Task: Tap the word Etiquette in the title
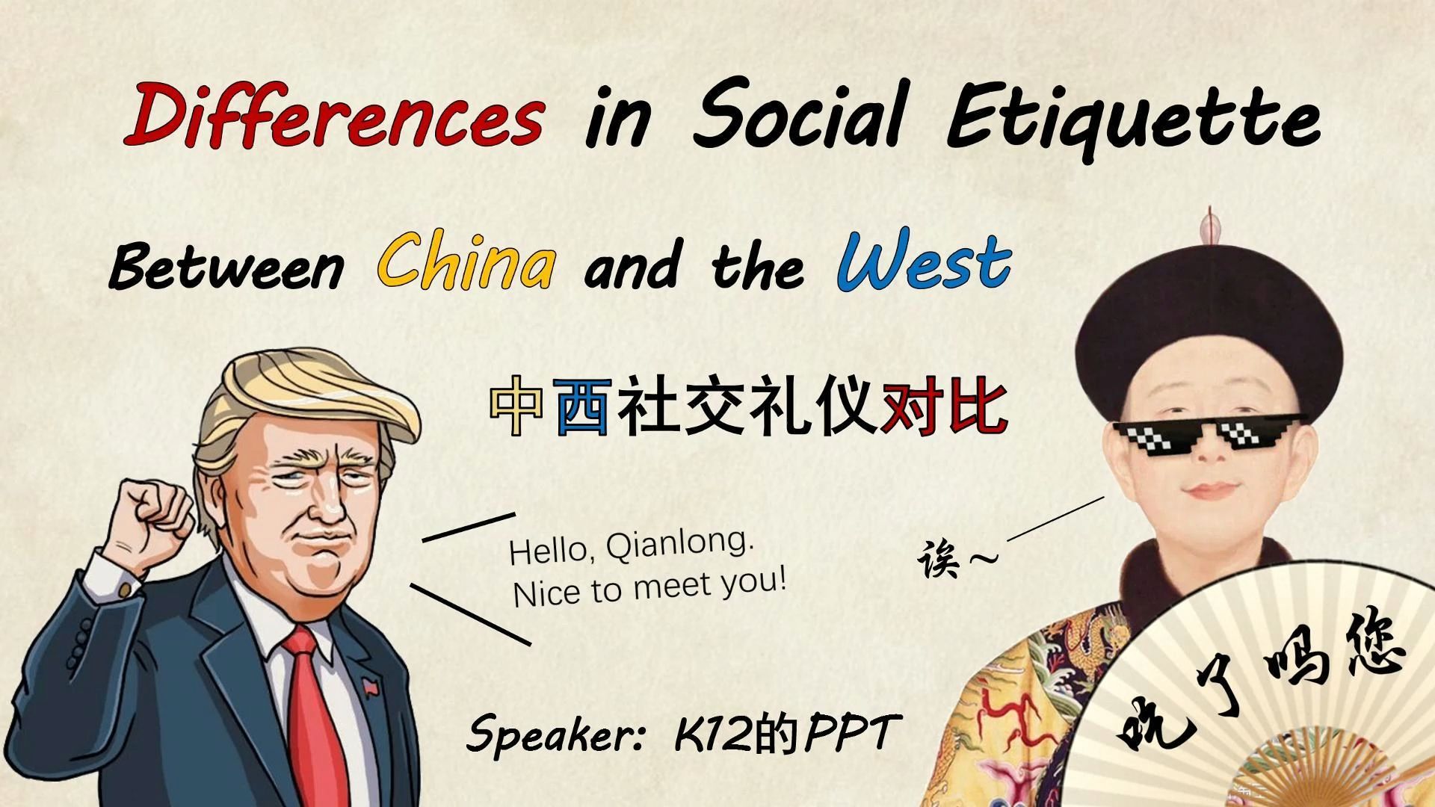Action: (1132, 120)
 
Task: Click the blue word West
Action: (924, 262)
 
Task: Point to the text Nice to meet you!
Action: (649, 587)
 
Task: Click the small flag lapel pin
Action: (370, 686)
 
